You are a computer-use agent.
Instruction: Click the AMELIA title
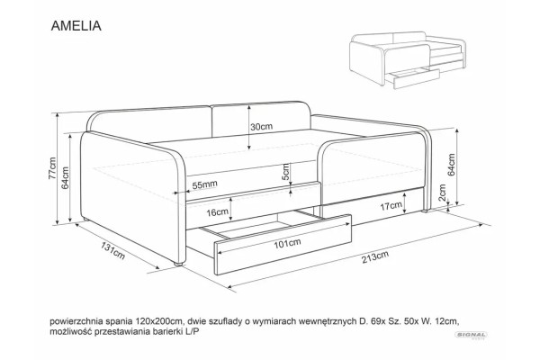[x=76, y=26]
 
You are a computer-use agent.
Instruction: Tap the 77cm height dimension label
[x=52, y=168]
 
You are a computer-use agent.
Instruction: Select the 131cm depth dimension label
[x=113, y=250]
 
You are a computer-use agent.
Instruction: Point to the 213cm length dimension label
[x=375, y=256]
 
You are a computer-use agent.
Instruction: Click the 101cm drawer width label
[x=287, y=244]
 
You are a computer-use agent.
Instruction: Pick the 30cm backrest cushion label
[x=261, y=127]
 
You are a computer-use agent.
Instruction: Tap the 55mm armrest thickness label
[x=204, y=185]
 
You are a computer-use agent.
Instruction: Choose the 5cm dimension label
[x=285, y=172]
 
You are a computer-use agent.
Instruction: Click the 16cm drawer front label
[x=217, y=212]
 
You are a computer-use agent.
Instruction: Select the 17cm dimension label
[x=391, y=206]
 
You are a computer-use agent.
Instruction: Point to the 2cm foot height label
[x=442, y=193]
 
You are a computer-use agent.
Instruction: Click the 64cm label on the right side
[x=452, y=165]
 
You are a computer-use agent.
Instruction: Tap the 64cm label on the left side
[x=65, y=178]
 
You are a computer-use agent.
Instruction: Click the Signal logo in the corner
[x=471, y=335]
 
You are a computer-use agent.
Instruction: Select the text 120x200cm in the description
[x=157, y=321]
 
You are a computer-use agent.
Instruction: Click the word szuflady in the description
[x=223, y=322]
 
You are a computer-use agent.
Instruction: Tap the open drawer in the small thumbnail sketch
[x=412, y=78]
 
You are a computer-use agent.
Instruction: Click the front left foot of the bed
[x=178, y=265]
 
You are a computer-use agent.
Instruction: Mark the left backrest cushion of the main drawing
[x=148, y=126]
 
